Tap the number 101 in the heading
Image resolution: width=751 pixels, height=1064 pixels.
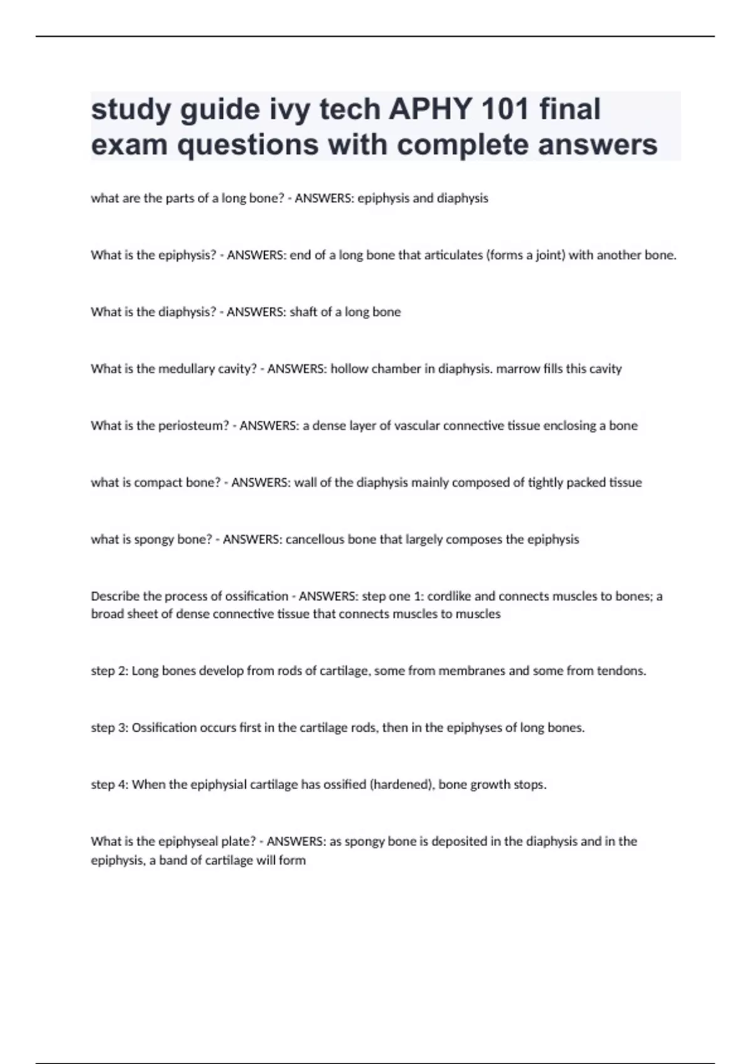tap(505, 110)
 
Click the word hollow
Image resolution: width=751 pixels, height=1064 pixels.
tap(349, 369)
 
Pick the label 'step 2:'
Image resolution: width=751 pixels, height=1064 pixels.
tap(110, 671)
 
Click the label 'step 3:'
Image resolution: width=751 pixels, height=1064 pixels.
tap(110, 728)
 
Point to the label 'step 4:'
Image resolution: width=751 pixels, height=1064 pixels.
tap(110, 785)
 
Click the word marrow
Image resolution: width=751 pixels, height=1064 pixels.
tap(517, 369)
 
